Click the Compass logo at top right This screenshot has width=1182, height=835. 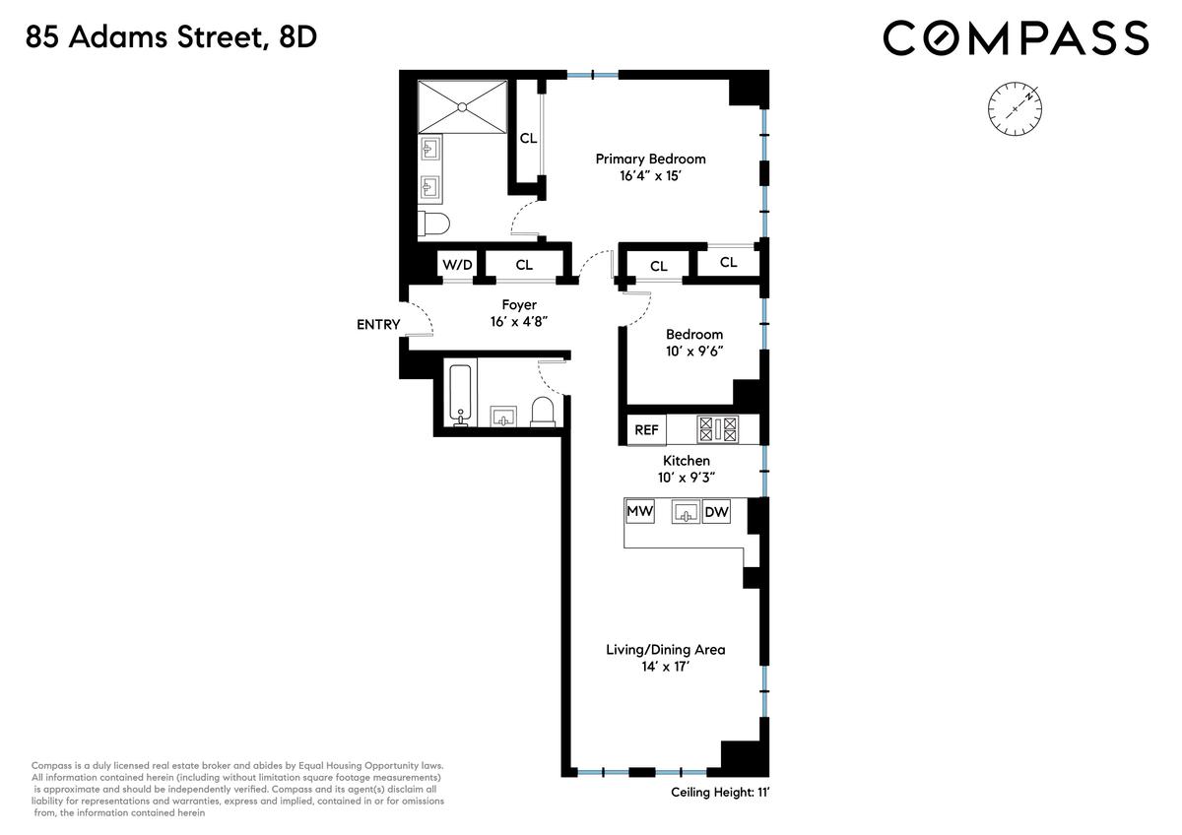(1016, 37)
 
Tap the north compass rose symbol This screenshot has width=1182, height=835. (1015, 108)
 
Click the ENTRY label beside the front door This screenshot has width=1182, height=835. (378, 324)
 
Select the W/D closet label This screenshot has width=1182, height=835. (457, 264)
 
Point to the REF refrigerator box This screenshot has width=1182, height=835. (646, 430)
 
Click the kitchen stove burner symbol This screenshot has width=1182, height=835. (718, 429)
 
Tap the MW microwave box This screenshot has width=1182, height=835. (640, 511)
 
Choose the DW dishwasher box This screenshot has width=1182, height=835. (717, 511)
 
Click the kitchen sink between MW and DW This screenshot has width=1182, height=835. (686, 512)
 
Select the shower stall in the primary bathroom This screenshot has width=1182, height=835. (462, 107)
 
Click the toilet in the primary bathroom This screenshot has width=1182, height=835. (433, 224)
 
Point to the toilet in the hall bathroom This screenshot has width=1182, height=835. (543, 412)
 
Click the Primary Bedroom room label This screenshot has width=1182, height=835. (651, 159)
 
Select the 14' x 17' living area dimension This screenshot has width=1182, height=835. (666, 667)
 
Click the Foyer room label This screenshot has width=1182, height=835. (519, 304)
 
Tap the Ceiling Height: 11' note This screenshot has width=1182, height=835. (720, 792)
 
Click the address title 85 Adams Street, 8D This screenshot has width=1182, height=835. (171, 37)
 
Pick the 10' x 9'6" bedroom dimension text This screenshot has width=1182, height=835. (694, 351)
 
